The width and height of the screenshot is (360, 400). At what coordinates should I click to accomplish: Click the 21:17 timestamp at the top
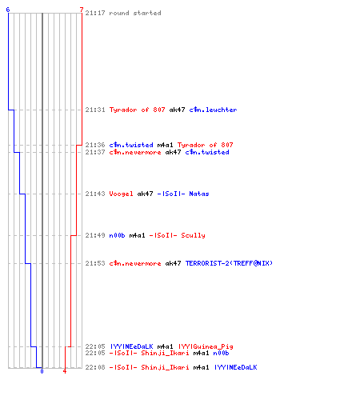point(95,13)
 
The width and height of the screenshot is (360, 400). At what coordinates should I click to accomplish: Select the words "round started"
point(135,13)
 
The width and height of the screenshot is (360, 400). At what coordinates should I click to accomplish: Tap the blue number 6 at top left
point(8,10)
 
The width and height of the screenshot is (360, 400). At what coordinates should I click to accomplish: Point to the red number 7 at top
point(82,10)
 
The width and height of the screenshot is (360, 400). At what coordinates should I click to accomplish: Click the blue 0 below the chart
point(42,371)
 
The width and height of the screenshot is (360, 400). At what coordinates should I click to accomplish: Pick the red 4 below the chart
point(65,371)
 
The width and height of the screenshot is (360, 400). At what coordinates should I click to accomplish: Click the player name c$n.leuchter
point(213,110)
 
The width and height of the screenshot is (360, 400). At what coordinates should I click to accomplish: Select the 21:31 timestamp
point(95,110)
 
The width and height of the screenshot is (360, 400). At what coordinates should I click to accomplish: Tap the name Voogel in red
point(121,194)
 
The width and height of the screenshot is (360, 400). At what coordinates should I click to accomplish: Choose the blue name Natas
point(199,194)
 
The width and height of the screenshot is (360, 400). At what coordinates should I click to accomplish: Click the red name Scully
point(193,235)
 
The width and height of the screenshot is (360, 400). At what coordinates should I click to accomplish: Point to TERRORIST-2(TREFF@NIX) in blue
point(229,263)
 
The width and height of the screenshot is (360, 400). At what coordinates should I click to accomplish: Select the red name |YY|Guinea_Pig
point(206,346)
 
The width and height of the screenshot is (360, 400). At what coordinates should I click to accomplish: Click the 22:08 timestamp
point(95,367)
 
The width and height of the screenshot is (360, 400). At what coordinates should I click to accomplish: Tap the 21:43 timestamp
point(95,194)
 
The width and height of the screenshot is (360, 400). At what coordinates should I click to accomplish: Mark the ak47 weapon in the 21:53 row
point(173,263)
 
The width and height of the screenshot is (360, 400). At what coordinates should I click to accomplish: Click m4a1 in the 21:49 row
point(137,235)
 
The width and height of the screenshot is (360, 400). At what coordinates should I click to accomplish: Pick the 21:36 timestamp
point(95,145)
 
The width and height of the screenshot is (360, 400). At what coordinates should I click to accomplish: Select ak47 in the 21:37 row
point(173,152)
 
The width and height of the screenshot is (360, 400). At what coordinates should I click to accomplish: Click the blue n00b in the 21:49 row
point(117,235)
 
